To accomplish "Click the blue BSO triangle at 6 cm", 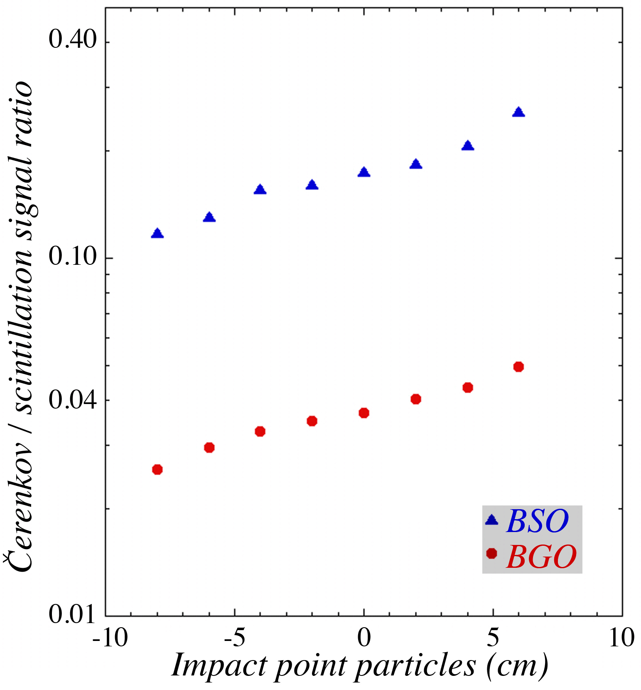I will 518,112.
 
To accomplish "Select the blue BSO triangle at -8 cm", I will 157,234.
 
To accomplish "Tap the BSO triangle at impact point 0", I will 364,172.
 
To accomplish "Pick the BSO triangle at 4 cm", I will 468,146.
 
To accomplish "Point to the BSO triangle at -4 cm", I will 260,190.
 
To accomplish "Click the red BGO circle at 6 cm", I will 518,367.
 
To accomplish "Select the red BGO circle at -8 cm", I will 157,470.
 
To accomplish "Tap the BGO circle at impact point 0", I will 364,413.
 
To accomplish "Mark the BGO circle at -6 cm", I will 209,448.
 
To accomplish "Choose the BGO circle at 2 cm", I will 416,399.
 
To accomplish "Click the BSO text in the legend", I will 537,521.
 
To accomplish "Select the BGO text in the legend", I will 541,557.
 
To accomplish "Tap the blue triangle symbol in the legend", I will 492,520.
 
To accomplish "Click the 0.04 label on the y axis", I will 73,400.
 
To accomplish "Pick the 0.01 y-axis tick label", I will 73,614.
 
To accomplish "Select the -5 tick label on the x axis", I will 235,638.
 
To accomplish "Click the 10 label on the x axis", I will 621,638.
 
